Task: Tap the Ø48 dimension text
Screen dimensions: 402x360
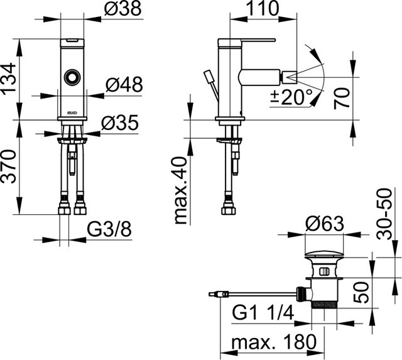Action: [124, 84]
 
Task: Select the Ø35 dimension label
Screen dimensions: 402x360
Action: [120, 123]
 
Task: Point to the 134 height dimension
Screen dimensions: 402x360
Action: [9, 79]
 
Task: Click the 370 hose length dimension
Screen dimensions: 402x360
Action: [9, 166]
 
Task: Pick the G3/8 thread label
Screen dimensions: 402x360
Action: [109, 229]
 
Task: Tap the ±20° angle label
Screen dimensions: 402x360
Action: [291, 97]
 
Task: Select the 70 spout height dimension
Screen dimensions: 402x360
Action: [342, 99]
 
